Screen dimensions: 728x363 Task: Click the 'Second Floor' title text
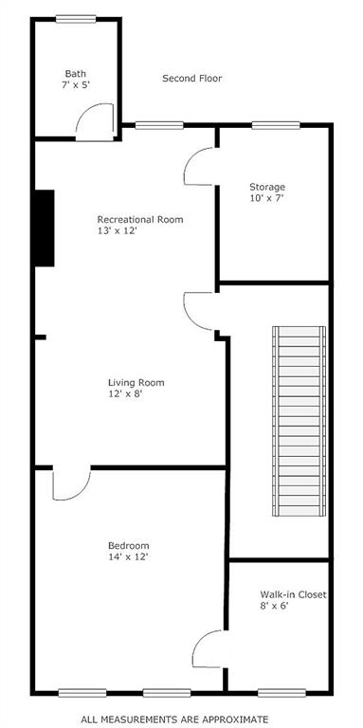[x=191, y=79]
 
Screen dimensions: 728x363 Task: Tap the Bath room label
[x=76, y=73]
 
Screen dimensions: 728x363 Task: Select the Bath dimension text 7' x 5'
[x=77, y=84]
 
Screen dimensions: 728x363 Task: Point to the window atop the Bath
[x=75, y=18]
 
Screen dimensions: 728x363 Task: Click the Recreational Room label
[x=140, y=219]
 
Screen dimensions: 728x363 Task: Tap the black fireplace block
[x=44, y=227]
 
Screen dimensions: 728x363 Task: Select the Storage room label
[x=267, y=187]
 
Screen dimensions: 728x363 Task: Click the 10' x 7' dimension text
[x=266, y=198]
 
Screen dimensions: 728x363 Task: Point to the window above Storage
[x=276, y=124]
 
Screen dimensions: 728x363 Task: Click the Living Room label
[x=136, y=383]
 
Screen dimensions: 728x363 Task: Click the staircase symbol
[x=299, y=421]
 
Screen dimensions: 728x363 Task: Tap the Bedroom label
[x=128, y=545]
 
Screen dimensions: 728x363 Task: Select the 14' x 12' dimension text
[x=128, y=556]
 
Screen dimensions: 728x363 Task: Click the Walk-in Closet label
[x=294, y=594]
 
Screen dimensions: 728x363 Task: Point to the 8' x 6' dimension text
[x=275, y=606]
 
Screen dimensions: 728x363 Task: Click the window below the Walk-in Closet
[x=275, y=692]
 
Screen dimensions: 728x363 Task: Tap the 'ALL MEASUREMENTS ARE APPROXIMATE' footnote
[x=174, y=719]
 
